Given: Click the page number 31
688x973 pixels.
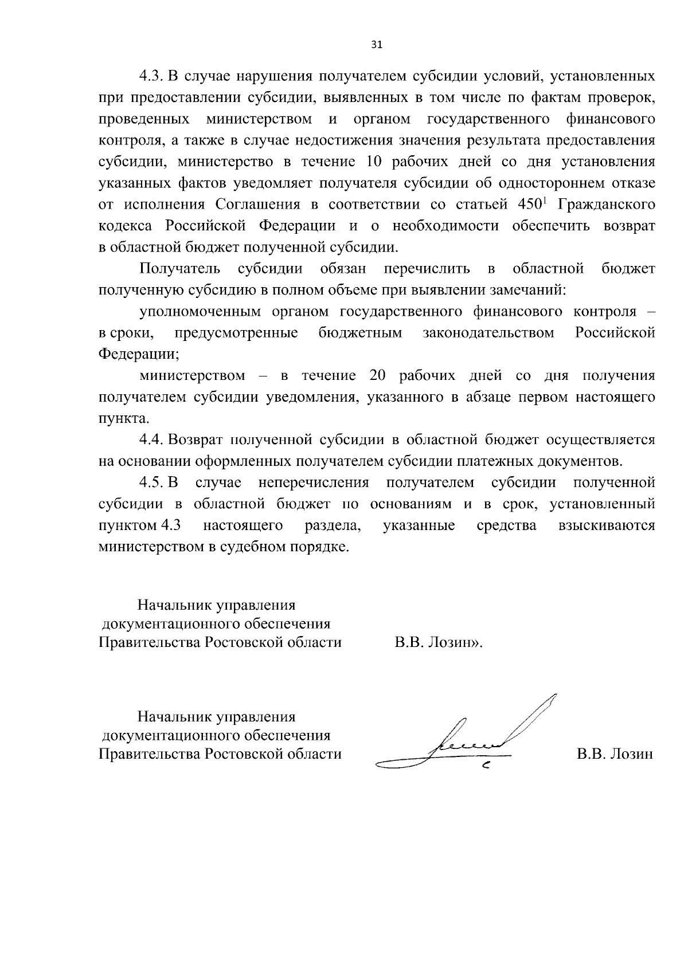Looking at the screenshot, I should coord(377,45).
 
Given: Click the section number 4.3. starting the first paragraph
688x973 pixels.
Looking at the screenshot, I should coord(153,76).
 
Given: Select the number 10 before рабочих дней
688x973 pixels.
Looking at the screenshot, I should coord(374,162).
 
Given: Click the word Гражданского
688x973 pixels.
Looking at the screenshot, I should coord(607,205).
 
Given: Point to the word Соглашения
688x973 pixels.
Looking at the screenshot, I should coord(258,205).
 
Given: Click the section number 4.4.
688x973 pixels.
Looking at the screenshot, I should coord(153,440).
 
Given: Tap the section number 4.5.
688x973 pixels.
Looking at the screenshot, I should coord(153,483).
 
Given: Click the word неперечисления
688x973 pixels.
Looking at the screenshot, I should coord(313,483).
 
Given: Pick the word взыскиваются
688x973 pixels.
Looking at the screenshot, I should coord(607,525).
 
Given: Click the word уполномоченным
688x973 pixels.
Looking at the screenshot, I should coord(200,312).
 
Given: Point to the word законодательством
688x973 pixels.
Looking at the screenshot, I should coord(488,333).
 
